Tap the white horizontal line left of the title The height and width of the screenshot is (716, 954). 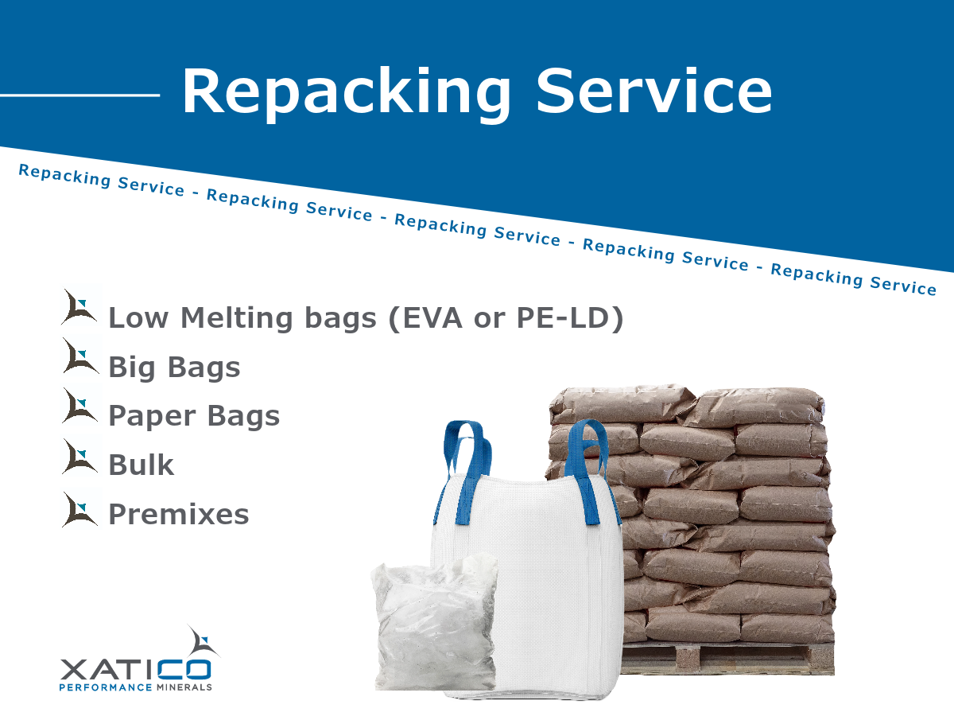(79, 95)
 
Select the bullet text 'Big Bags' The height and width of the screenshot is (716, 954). (174, 368)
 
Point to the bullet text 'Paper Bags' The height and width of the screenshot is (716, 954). (194, 416)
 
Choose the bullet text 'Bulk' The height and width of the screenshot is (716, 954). (141, 465)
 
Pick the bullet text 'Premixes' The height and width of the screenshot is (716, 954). (179, 515)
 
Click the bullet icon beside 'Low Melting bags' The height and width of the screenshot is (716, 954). (79, 308)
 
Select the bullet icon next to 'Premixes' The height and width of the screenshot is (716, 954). (79, 509)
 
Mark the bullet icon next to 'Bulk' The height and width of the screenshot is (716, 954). (79, 458)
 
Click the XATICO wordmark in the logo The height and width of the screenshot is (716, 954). (135, 667)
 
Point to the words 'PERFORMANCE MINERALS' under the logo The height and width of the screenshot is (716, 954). (135, 687)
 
